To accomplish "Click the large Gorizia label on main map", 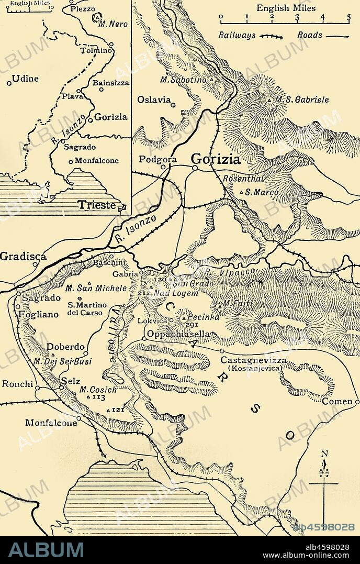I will click(x=216, y=159).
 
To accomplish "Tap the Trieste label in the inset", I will click(x=97, y=205).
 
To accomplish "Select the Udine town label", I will click(x=26, y=79).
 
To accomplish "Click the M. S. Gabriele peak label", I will click(x=302, y=99).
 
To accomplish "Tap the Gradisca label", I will click(x=23, y=256).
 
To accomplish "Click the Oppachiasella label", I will click(x=178, y=334).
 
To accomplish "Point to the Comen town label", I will click(x=337, y=401).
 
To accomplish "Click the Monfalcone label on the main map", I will click(x=51, y=423).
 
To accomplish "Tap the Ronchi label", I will click(x=17, y=383).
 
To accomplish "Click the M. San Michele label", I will click(x=96, y=288).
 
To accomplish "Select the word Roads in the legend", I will click(x=309, y=36).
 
